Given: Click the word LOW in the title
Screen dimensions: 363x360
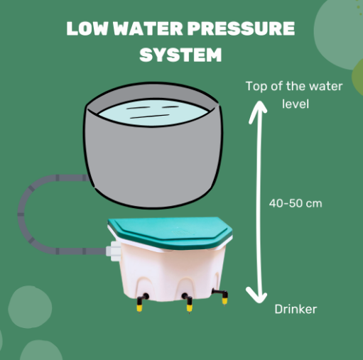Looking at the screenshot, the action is coord(87,28).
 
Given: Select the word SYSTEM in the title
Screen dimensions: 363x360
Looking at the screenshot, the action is coord(180,55).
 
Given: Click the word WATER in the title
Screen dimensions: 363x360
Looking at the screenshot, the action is coord(148,28).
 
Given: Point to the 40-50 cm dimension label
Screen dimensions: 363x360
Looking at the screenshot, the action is coord(296,203).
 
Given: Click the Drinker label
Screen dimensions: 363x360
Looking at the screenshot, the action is coord(296,309).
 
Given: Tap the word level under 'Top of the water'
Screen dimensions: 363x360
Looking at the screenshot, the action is coord(296,104).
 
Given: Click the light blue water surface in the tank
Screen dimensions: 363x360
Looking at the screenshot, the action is coord(153,112).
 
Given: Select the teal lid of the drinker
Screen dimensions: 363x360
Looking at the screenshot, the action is coord(170,232).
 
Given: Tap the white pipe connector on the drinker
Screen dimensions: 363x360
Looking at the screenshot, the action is coord(114,251).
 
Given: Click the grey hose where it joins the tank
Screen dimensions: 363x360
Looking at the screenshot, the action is coord(86,178).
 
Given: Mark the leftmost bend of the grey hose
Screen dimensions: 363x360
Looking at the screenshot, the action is coord(21,214).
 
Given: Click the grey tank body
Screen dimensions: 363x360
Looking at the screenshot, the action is coord(153,161).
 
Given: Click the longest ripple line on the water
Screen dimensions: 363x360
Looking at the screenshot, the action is coord(150,116).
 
